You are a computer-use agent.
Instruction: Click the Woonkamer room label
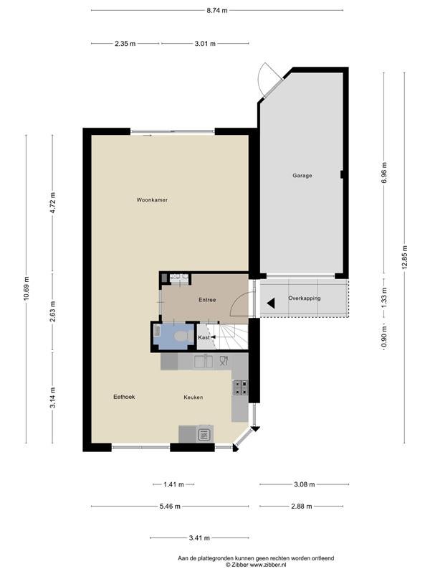[x=152, y=200]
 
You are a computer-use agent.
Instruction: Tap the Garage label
[x=302, y=175]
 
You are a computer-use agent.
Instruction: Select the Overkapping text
[x=304, y=298]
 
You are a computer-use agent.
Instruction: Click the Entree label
[x=207, y=300]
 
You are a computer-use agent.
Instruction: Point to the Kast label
[x=204, y=337]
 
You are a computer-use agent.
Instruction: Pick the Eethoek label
[x=124, y=397]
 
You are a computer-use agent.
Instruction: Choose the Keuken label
[x=193, y=397]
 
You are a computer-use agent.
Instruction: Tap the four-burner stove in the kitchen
[x=240, y=387]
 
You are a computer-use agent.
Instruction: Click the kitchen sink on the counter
[x=204, y=362]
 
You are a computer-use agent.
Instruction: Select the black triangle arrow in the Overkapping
[x=271, y=303]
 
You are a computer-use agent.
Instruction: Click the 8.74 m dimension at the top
[x=217, y=11]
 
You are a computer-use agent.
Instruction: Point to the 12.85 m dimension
[x=404, y=257]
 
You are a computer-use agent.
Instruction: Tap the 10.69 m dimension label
[x=26, y=288]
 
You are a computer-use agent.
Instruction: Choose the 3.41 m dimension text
[x=199, y=537]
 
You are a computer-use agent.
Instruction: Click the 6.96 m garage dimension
[x=384, y=173]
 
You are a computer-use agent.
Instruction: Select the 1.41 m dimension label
[x=173, y=484]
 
